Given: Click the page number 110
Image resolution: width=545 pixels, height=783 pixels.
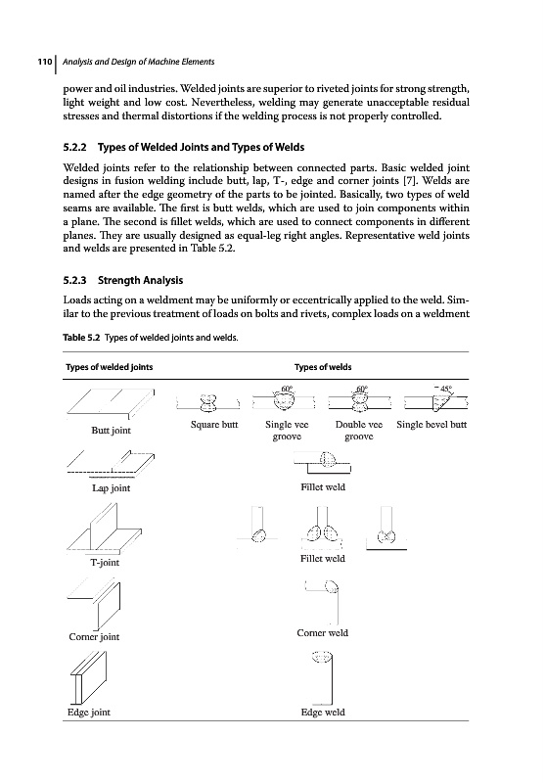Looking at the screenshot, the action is click(x=45, y=62).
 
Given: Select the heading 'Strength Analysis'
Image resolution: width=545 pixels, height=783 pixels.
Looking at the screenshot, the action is click(x=140, y=280).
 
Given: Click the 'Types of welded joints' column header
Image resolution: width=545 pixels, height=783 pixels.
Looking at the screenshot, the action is click(x=110, y=367).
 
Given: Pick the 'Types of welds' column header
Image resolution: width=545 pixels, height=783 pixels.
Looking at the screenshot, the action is click(x=323, y=367).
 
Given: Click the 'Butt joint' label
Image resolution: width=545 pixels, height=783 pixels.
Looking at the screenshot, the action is click(x=111, y=431).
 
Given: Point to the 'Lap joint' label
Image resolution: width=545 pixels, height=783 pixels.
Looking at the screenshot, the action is click(x=111, y=488).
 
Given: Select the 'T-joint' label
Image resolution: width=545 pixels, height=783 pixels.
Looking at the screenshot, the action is click(x=105, y=563).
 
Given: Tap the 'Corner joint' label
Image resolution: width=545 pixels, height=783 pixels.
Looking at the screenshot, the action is click(x=94, y=637).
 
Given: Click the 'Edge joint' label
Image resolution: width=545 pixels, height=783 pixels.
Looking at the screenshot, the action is click(x=89, y=713).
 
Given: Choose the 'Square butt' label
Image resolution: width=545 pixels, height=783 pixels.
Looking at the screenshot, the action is click(x=214, y=425).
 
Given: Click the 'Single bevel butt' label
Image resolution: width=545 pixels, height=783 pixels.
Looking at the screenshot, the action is click(x=431, y=425).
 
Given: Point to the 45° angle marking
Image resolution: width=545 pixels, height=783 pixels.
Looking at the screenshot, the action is click(x=444, y=389).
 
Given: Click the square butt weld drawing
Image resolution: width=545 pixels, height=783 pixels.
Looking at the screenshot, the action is click(x=208, y=402).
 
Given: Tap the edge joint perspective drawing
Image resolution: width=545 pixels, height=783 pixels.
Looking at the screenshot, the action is click(x=88, y=677).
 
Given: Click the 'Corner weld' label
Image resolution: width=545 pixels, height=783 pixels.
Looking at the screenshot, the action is click(x=323, y=633).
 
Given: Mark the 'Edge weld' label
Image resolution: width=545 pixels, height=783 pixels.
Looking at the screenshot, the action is click(x=323, y=713).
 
